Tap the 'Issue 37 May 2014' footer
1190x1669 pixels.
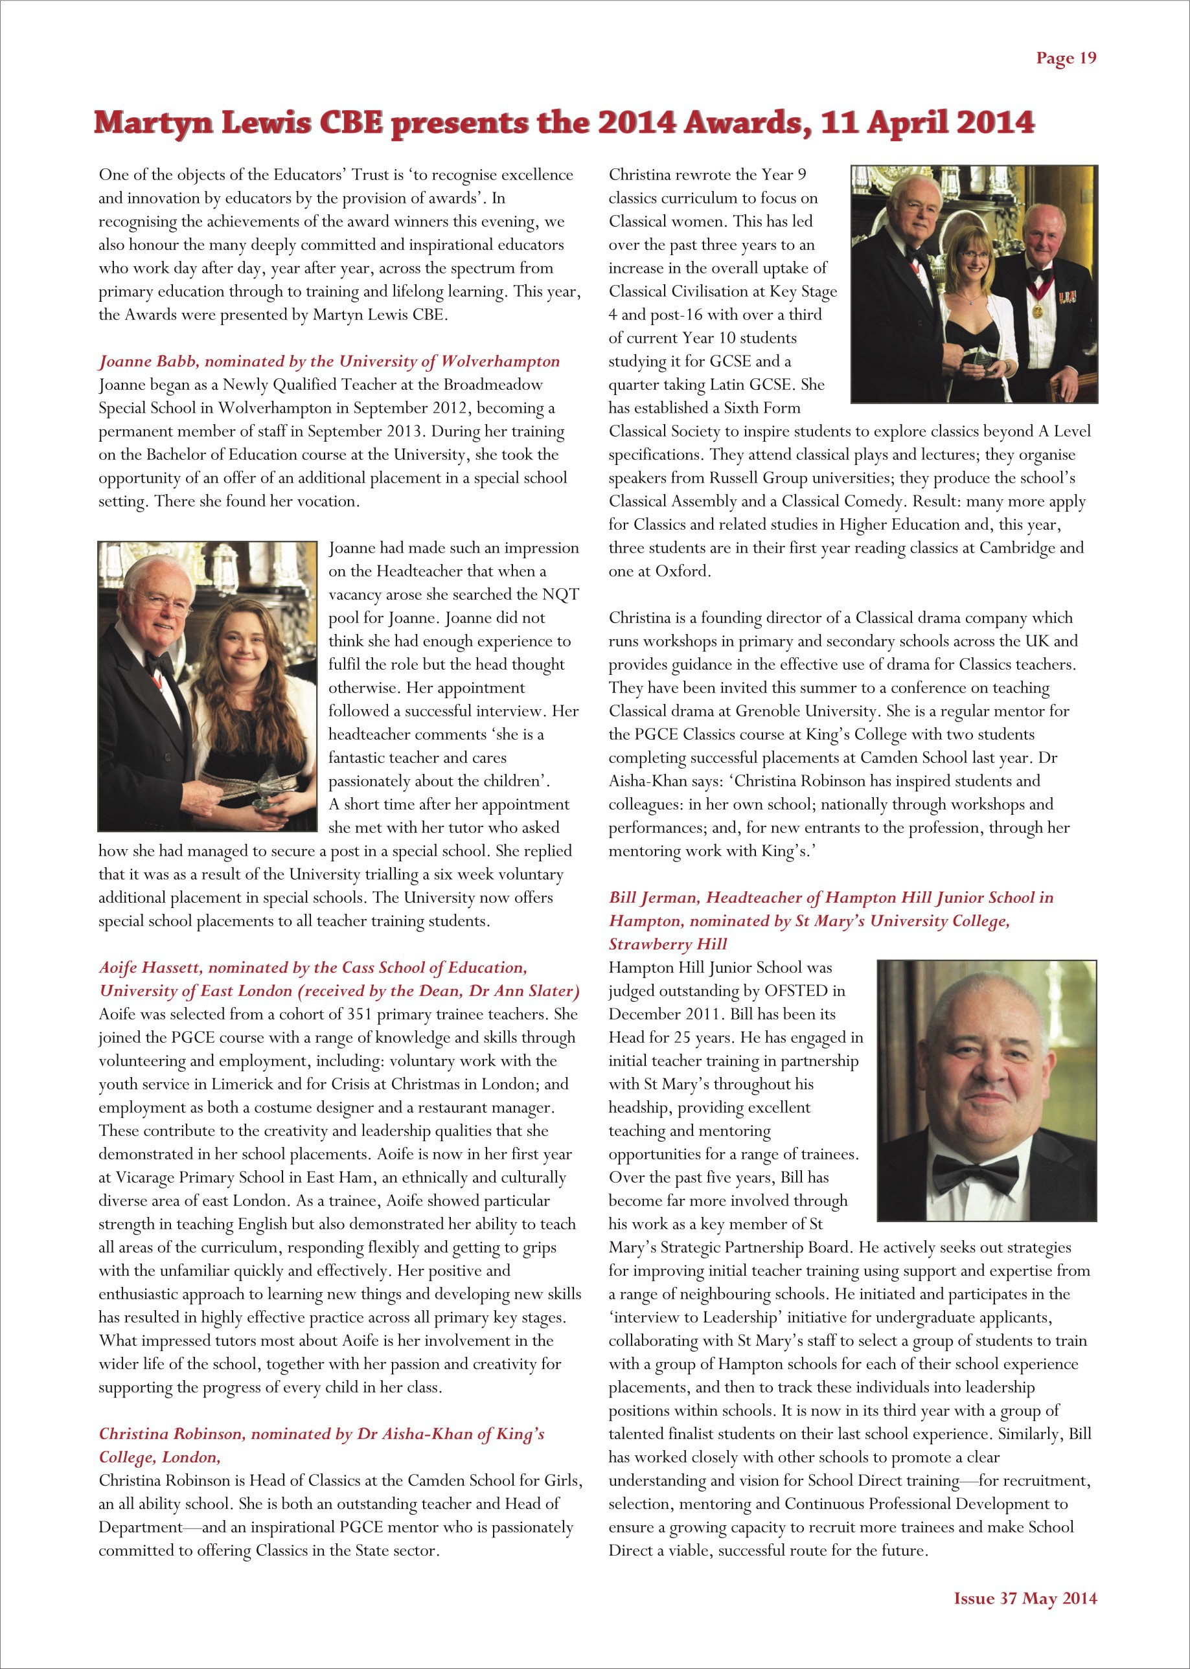(x=1024, y=1598)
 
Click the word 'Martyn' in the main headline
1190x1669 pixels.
(x=152, y=123)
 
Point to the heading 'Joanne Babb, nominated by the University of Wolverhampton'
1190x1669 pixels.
(x=329, y=361)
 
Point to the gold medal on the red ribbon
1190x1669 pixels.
(x=1038, y=311)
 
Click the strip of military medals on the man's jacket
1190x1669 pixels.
(x=1067, y=297)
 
